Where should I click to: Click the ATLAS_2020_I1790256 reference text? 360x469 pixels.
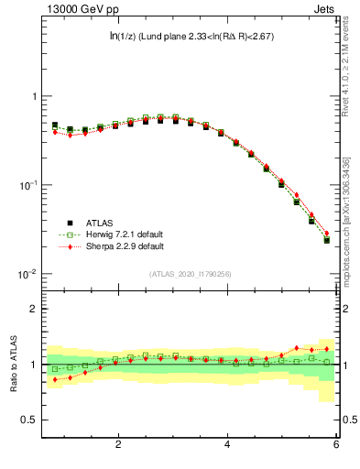click(191, 274)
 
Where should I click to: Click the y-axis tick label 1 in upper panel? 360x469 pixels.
click(34, 96)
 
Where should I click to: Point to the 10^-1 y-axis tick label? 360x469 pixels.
click(28, 185)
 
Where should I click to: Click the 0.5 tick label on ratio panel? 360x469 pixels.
click(29, 420)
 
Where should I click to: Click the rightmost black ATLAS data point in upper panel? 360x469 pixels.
click(327, 240)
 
